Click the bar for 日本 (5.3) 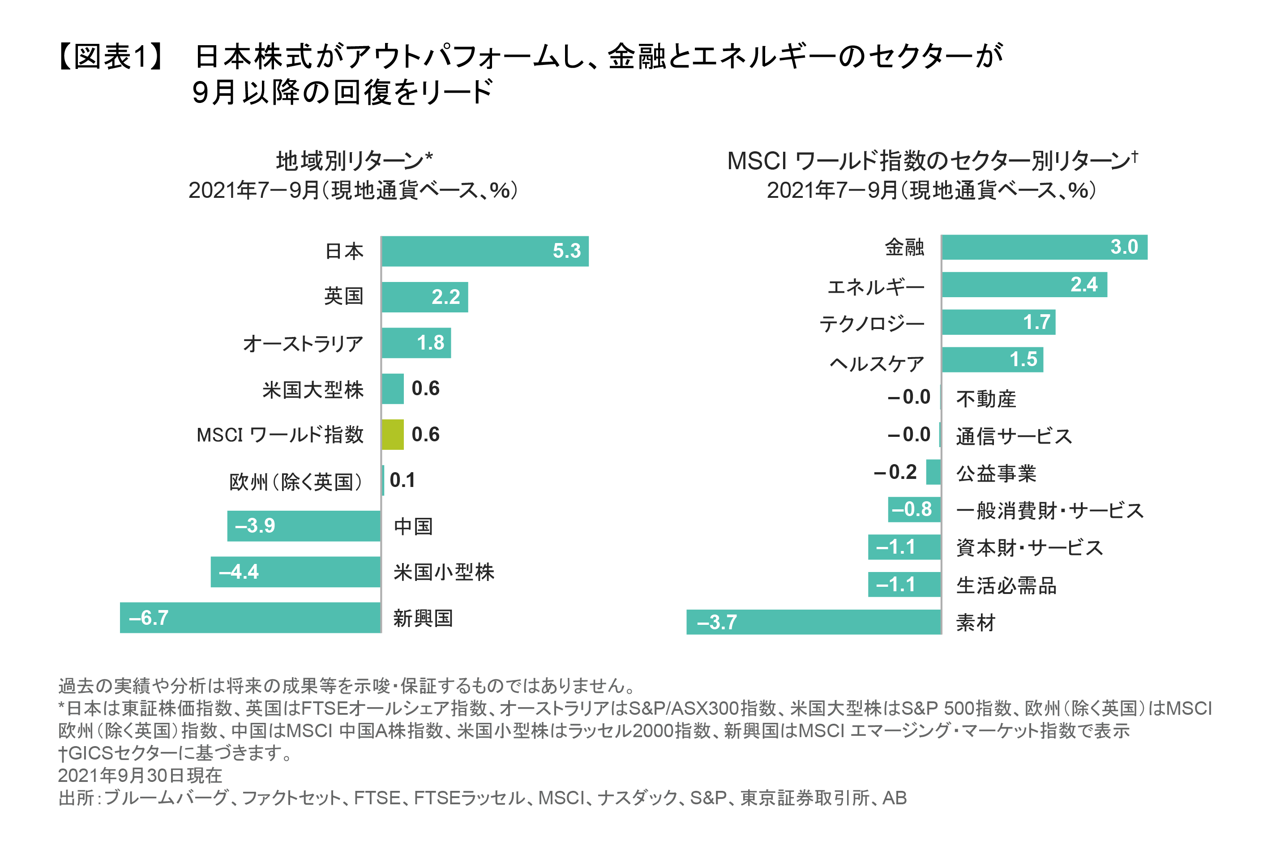[484, 251]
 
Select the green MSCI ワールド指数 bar [393, 435]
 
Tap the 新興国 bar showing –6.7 [250, 617]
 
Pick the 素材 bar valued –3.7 [813, 622]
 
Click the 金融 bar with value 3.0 [1044, 247]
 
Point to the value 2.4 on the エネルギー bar [1083, 284]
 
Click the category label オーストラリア [303, 343]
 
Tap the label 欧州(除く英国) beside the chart [295, 482]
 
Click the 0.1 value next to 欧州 [402, 480]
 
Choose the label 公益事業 [995, 473]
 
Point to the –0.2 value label [895, 472]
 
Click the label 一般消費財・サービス [1049, 510]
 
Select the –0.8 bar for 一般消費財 [914, 509]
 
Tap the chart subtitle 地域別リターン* [354, 160]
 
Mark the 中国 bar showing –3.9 [304, 525]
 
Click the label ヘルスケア [877, 363]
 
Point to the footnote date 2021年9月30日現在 [140, 775]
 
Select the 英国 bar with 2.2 [424, 297]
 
